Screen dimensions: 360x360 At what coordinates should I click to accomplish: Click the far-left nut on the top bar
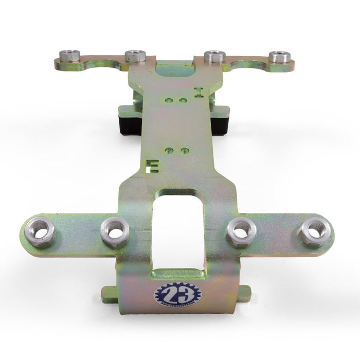69,55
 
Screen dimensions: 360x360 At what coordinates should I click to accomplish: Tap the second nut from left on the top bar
135,56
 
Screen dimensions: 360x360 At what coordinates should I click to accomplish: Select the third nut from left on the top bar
214,56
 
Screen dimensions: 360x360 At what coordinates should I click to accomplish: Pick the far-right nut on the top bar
279,57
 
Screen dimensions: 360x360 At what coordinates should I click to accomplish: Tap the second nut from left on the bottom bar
115,231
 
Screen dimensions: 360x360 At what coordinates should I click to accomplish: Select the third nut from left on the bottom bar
241,231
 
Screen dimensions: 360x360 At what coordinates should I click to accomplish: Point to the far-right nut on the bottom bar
314,231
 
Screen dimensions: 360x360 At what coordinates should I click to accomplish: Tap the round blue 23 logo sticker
177,296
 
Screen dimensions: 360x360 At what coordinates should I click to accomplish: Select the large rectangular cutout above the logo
178,231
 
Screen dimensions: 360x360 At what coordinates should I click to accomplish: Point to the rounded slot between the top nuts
175,69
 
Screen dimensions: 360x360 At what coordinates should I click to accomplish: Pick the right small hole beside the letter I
183,101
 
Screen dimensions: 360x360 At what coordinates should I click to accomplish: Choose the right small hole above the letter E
185,151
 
